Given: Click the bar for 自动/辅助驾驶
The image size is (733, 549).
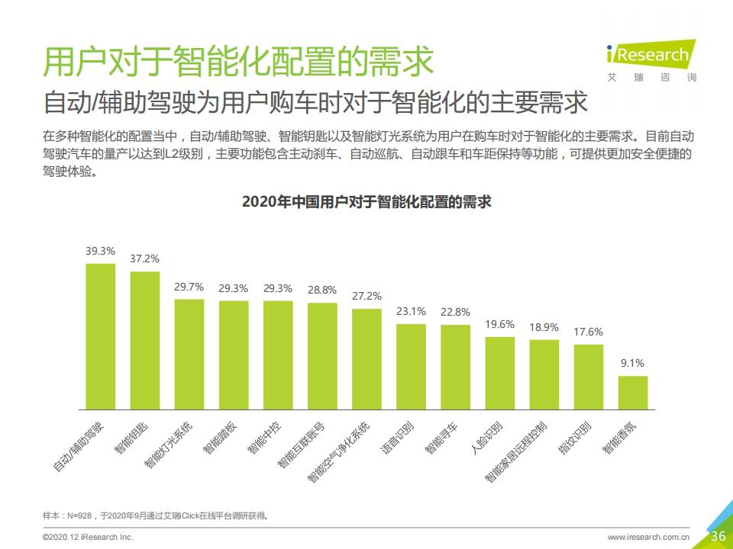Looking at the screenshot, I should (100, 335).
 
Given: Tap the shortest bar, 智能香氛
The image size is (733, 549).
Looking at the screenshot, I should (633, 390).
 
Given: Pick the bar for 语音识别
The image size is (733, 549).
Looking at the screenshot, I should (411, 364).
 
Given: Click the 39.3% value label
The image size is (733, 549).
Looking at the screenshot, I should (100, 250).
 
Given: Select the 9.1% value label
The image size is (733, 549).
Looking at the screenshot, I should (633, 363).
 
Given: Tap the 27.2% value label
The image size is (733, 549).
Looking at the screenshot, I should (366, 296).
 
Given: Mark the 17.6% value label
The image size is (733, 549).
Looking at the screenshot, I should (589, 332).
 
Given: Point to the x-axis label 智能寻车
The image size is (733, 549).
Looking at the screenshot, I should (441, 438).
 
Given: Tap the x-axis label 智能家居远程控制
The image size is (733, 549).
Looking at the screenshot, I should (515, 451).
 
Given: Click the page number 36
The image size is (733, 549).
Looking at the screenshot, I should (718, 535).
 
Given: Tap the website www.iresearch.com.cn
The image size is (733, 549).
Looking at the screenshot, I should (648, 538).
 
